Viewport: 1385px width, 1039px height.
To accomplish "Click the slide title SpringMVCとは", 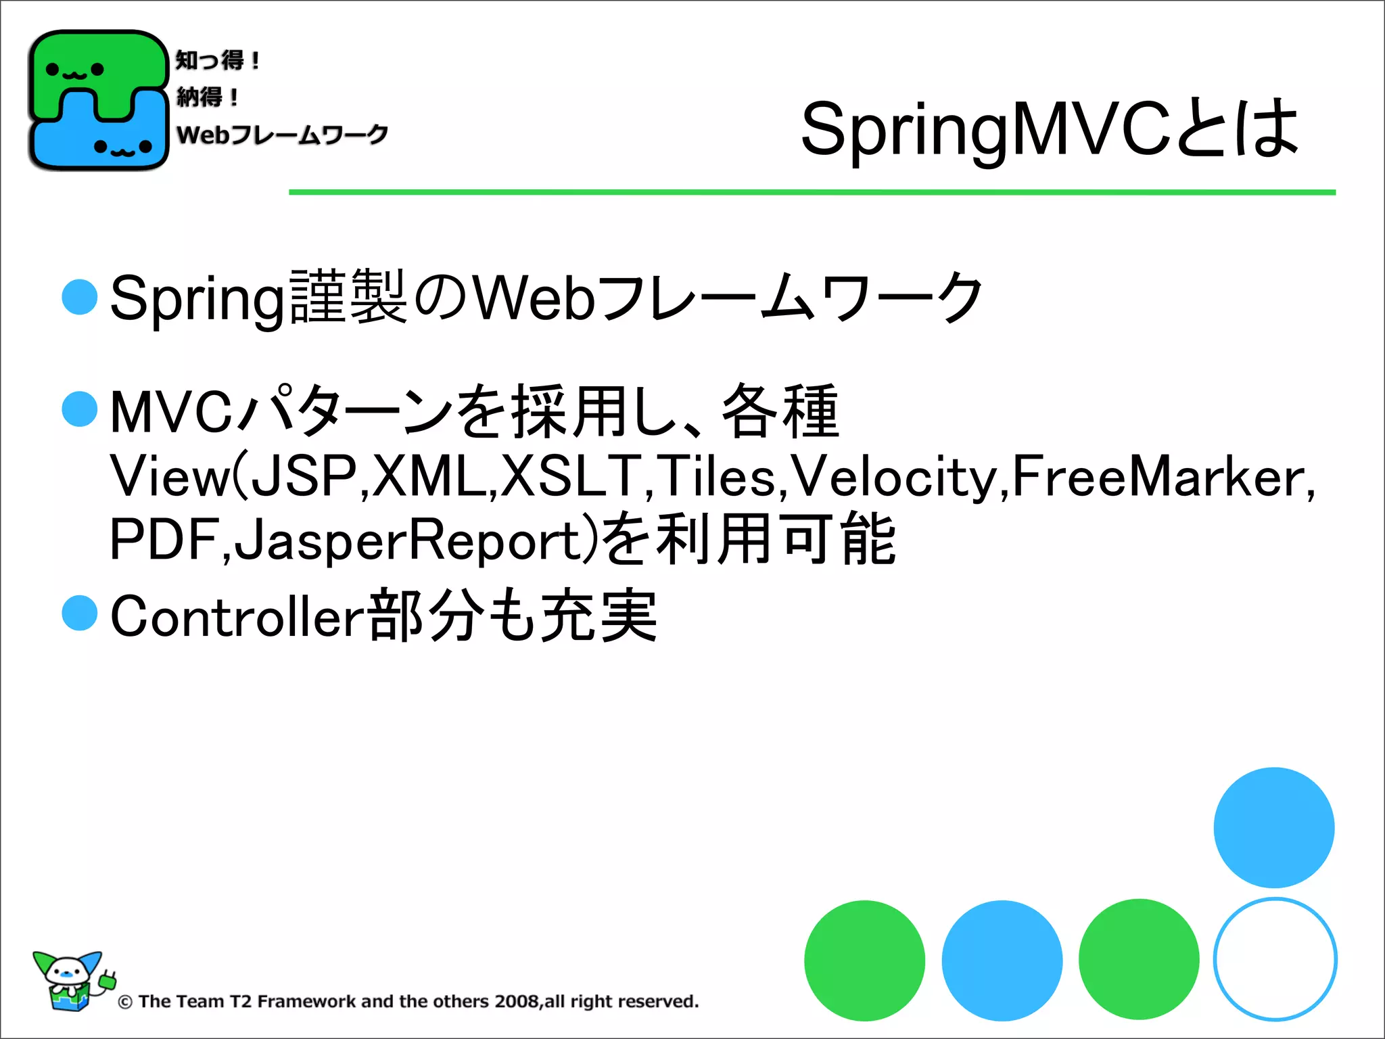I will click(1049, 129).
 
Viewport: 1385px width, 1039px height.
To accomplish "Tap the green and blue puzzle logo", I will click(98, 100).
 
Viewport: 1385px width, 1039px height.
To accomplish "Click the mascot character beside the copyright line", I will click(72, 981).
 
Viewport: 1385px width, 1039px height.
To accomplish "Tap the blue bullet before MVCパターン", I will click(80, 409).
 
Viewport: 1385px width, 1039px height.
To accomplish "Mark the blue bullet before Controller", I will click(80, 614).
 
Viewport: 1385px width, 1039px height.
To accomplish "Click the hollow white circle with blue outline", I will click(1274, 959).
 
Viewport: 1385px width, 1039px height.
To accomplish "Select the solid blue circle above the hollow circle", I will click(1273, 827).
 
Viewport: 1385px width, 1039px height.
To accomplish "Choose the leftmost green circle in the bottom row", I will click(864, 960).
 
